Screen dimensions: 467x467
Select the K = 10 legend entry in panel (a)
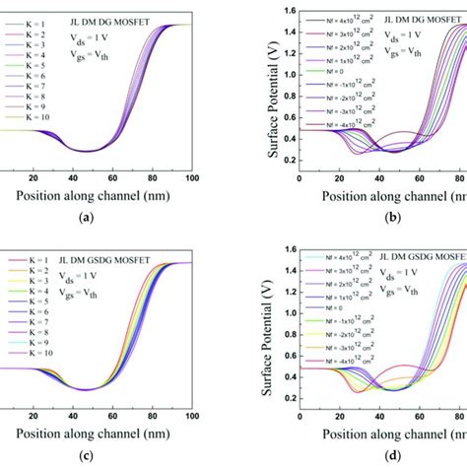point(25,117)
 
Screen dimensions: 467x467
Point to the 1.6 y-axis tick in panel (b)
point(285,11)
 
